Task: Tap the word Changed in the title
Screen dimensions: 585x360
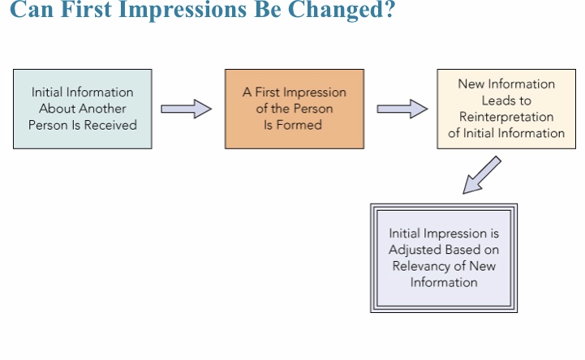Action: pyautogui.click(x=337, y=10)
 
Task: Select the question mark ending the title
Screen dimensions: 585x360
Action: pyautogui.click(x=390, y=9)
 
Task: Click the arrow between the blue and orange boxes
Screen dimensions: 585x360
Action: pyautogui.click(x=186, y=109)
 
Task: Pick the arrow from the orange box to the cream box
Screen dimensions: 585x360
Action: pyautogui.click(x=402, y=109)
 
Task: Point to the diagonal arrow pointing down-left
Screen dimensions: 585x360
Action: pyautogui.click(x=482, y=175)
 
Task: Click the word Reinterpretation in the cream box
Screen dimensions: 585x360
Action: pyautogui.click(x=506, y=117)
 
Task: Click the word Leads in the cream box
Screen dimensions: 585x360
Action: pyautogui.click(x=496, y=101)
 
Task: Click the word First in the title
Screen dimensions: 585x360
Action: pyautogui.click(x=85, y=10)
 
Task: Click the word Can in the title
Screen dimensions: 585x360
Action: pyautogui.click(x=32, y=10)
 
